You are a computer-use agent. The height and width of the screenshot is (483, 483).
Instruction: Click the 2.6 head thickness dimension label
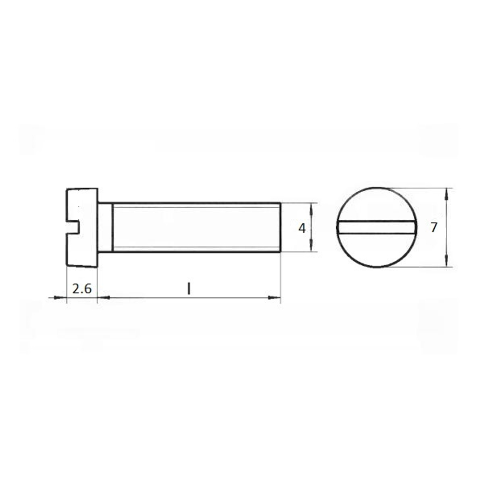[x=82, y=289]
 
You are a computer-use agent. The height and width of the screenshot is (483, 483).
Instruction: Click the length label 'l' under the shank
[x=189, y=289]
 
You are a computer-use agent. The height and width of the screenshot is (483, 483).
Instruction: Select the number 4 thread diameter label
[x=302, y=228]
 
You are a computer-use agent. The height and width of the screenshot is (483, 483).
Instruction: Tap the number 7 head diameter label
[x=434, y=227]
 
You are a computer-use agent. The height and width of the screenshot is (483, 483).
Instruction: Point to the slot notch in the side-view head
[x=73, y=227]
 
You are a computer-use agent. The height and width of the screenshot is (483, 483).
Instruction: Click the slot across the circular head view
[x=377, y=227]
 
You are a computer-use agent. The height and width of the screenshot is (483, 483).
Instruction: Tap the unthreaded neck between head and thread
[x=105, y=227]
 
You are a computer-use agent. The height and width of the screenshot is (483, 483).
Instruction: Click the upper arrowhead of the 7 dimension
[x=447, y=194]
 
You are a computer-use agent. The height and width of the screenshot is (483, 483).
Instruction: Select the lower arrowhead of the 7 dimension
[x=447, y=261]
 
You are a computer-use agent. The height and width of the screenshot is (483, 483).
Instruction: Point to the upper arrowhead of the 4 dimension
[x=311, y=209]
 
